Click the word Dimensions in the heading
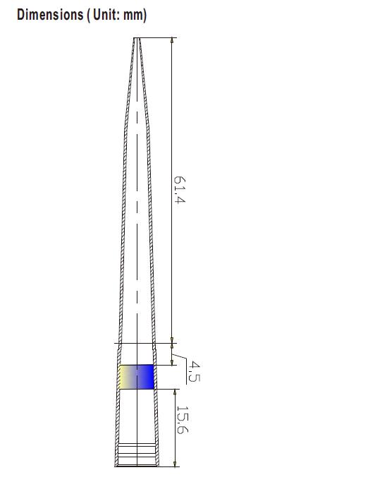50,14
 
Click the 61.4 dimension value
180,189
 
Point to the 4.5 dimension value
194,371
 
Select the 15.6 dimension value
183,420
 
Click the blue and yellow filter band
136,377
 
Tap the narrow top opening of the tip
137,38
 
